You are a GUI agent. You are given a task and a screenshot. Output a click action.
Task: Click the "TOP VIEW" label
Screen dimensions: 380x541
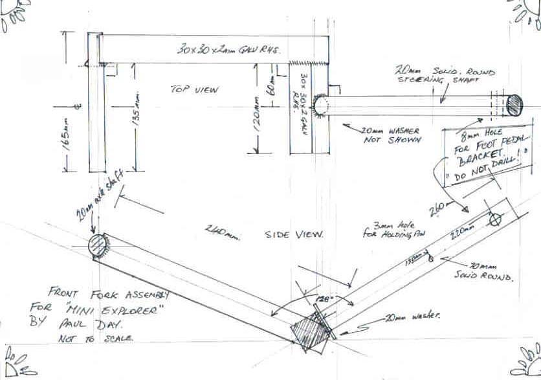[196, 89]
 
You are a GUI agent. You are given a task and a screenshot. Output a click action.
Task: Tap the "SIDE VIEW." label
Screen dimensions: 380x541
[293, 234]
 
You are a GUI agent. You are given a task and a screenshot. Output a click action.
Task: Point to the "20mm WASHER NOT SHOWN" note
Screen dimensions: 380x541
[391, 135]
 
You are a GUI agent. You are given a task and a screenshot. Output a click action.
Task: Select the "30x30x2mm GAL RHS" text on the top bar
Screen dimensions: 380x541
[227, 49]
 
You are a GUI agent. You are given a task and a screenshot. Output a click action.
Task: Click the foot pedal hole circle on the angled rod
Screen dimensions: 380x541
[494, 220]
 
